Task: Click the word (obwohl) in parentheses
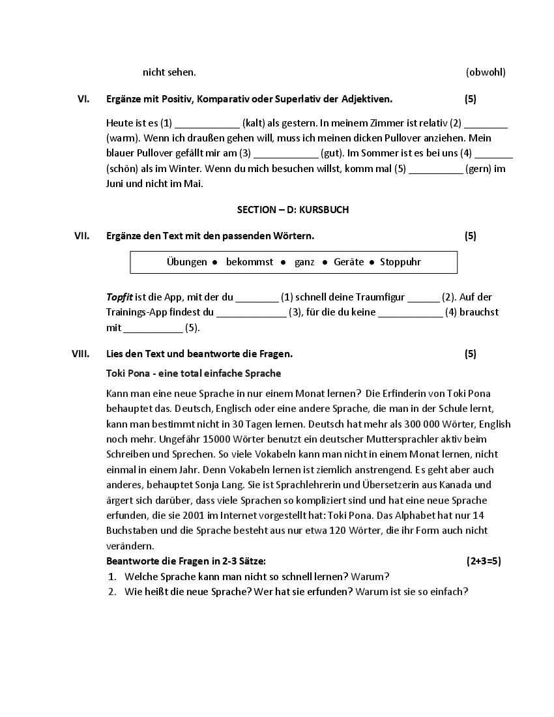pyautogui.click(x=486, y=72)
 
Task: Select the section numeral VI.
pyautogui.click(x=83, y=99)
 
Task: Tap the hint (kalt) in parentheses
pyautogui.click(x=254, y=123)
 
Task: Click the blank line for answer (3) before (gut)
pyautogui.click(x=285, y=154)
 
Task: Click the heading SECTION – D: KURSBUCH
pyautogui.click(x=293, y=210)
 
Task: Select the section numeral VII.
pyautogui.click(x=81, y=236)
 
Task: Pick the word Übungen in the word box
pyautogui.click(x=186, y=262)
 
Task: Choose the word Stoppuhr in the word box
pyautogui.click(x=400, y=262)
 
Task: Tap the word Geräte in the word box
pyautogui.click(x=349, y=262)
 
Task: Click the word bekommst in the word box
pyautogui.click(x=250, y=262)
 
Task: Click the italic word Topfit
pyautogui.click(x=119, y=297)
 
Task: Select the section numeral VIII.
pyautogui.click(x=81, y=354)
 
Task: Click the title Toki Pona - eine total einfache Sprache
pyautogui.click(x=194, y=373)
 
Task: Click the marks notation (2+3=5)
pyautogui.click(x=484, y=561)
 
